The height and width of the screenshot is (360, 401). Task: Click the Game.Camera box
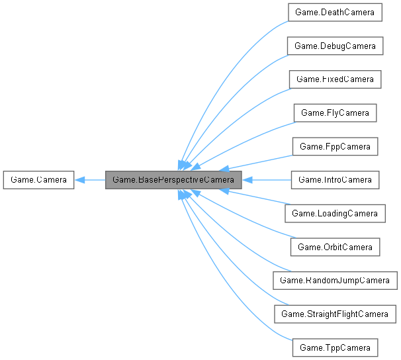click(38, 179)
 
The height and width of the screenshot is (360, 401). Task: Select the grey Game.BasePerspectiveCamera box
click(174, 179)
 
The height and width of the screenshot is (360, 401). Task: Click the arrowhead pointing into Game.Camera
click(79, 179)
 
